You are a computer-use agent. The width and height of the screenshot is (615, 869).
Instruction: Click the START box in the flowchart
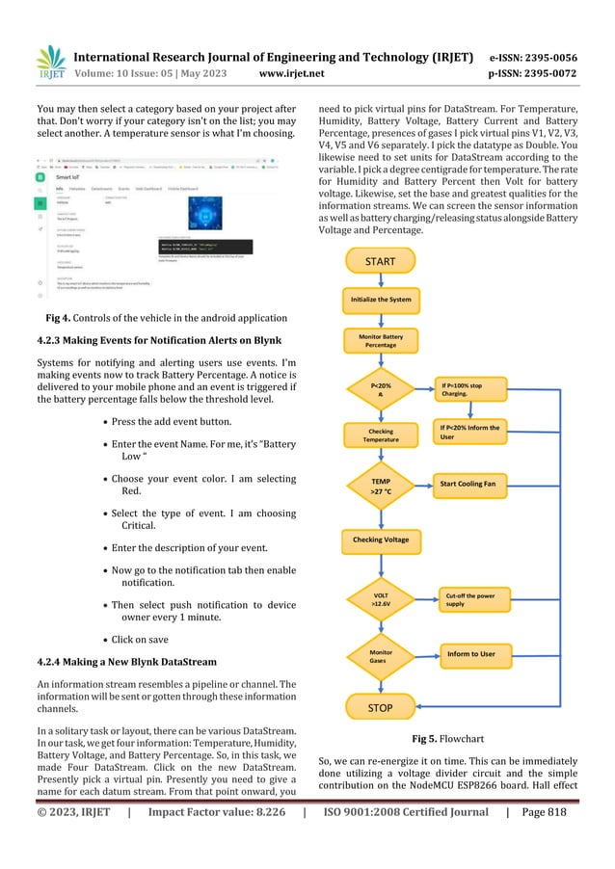pos(380,261)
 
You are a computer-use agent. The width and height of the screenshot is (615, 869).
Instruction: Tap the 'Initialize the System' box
pos(380,300)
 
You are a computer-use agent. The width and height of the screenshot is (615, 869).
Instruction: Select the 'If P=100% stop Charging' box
pos(470,388)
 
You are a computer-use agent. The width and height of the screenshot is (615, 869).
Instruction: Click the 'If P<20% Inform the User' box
pos(470,431)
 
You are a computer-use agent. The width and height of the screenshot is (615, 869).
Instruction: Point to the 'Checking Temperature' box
pos(380,435)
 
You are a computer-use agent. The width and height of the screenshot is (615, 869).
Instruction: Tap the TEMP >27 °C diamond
pos(380,484)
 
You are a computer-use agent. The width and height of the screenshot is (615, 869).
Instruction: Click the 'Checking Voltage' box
pos(380,539)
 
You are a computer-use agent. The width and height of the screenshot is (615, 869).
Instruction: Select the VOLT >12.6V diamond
pos(380,600)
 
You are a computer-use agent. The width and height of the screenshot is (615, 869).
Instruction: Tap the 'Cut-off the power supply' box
pos(470,600)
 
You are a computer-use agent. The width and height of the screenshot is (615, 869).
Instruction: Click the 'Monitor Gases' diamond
pos(380,656)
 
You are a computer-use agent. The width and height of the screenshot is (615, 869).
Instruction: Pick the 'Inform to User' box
pos(470,654)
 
